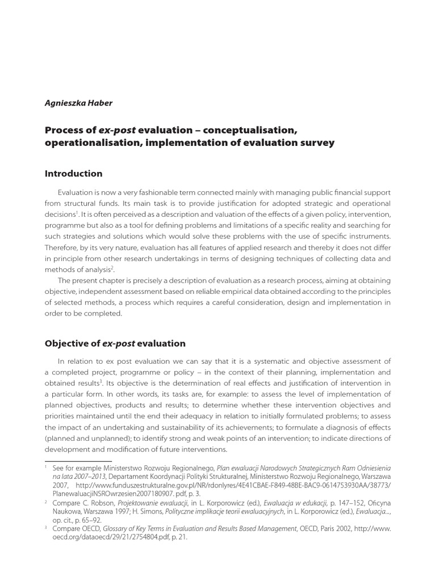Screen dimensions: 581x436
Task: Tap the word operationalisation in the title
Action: click(x=93, y=144)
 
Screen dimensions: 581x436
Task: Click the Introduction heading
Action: click(x=74, y=174)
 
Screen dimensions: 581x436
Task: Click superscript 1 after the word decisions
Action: click(x=76, y=212)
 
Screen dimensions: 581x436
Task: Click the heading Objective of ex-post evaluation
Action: click(x=115, y=343)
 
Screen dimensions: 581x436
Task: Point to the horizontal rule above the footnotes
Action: click(x=78, y=461)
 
